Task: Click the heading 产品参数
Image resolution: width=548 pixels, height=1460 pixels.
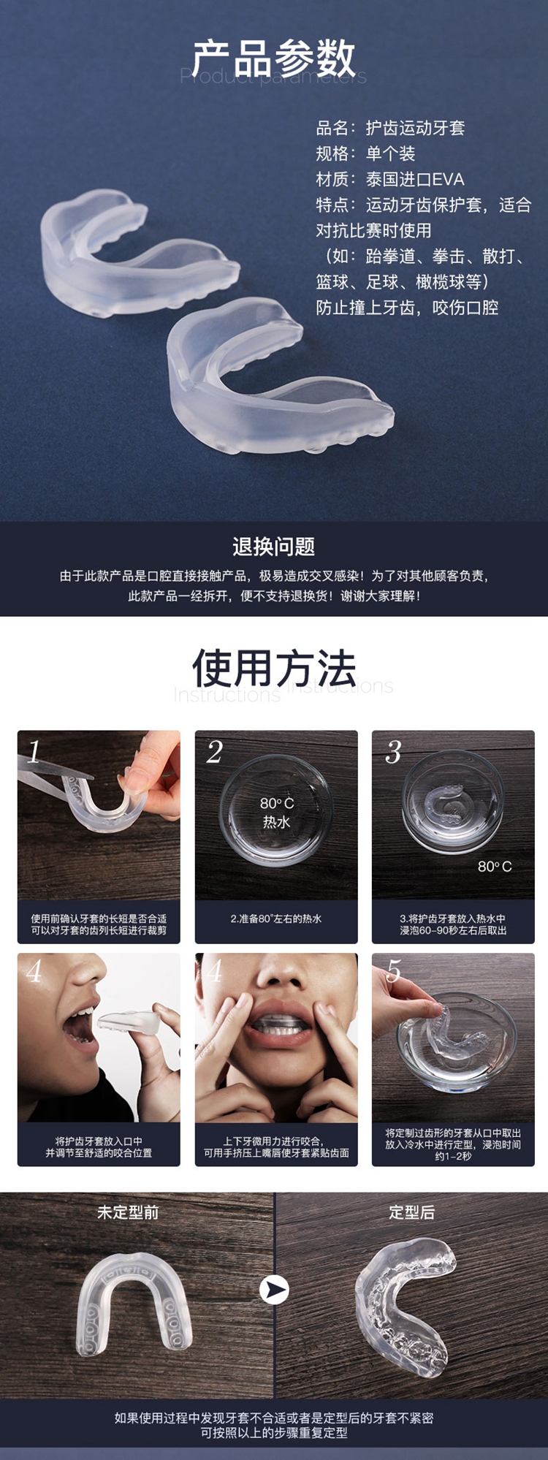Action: tap(274, 58)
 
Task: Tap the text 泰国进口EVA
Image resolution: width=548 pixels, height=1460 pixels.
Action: tap(415, 179)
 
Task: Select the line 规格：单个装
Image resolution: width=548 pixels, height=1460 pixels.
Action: tap(365, 153)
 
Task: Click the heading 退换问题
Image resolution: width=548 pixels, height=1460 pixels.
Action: tap(274, 547)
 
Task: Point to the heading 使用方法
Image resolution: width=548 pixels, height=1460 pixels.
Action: tap(274, 668)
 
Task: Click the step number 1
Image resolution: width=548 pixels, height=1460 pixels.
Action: tap(34, 751)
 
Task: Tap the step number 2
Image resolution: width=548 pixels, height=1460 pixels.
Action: tap(214, 752)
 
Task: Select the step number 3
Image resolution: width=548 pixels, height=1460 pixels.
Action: tap(393, 752)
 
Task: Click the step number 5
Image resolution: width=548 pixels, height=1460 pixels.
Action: tap(394, 971)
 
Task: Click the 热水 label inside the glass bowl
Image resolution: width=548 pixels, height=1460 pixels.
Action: tap(276, 822)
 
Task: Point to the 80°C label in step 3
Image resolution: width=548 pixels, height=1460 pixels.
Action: tap(495, 867)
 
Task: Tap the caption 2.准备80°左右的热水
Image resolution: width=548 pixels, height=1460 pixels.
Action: tap(276, 919)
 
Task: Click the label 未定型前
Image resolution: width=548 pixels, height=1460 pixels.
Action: tap(128, 1212)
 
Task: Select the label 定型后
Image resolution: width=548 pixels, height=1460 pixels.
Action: tap(412, 1212)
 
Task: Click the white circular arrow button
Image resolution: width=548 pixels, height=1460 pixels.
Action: tap(275, 1290)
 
